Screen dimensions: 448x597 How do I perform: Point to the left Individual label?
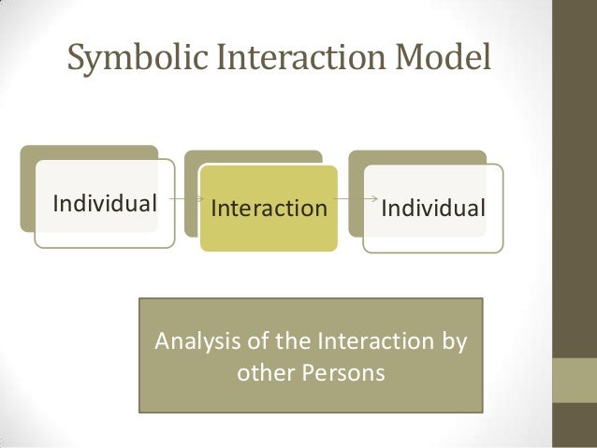(x=104, y=203)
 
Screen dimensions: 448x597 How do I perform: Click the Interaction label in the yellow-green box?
(x=269, y=207)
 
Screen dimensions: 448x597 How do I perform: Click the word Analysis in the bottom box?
(x=190, y=339)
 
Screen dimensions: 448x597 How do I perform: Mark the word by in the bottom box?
(x=455, y=340)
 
